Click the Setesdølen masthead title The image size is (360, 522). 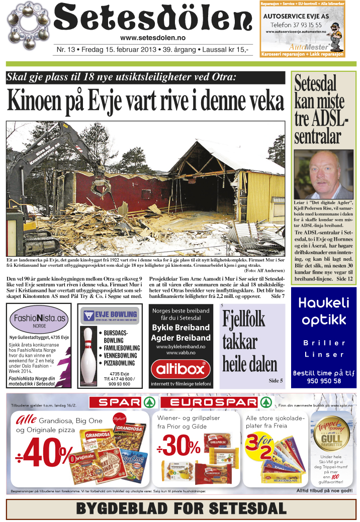pyautogui.click(x=152, y=20)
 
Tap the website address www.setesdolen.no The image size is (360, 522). pyautogui.click(x=152, y=39)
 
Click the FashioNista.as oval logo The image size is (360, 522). pyautogui.click(x=40, y=319)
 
